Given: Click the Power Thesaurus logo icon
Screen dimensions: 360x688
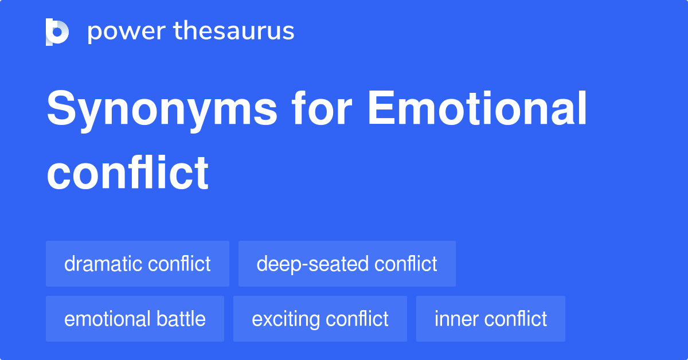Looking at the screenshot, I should pos(57,32).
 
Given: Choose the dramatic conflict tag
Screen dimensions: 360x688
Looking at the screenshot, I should pos(138,264).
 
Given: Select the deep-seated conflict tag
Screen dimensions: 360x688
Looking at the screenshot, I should pos(347,264).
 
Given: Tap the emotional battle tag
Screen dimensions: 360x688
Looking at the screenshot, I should pos(135,319).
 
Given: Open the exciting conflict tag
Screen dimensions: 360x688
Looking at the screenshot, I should pos(320,319).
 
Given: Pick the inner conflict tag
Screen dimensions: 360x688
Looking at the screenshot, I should pos(491,319).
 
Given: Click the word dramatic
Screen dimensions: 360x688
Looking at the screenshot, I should pos(103,264).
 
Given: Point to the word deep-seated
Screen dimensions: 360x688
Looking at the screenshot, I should pos(312,264).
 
